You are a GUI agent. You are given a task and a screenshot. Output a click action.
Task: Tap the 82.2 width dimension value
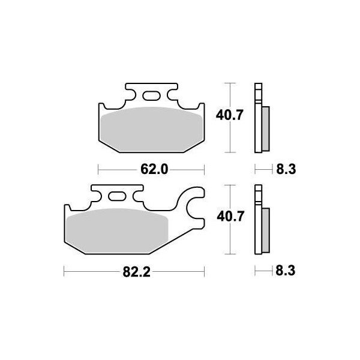coord(137,272)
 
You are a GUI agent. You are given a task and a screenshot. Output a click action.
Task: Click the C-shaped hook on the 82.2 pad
coord(194,204)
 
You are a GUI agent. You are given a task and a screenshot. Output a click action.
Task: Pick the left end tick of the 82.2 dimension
coord(64,272)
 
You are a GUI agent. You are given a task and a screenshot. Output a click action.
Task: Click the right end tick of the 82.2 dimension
coord(205,272)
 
